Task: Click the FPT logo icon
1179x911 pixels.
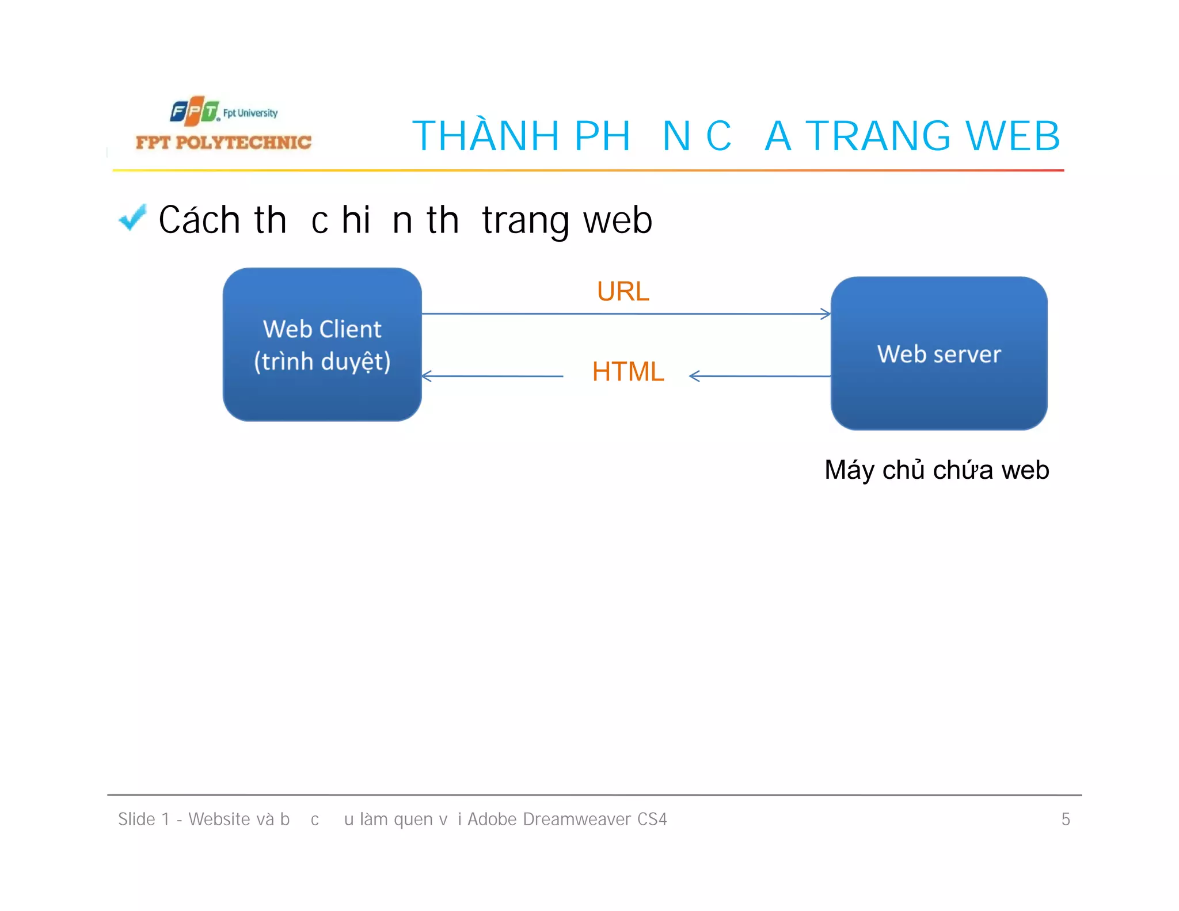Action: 194,111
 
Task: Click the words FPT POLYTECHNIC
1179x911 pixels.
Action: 223,143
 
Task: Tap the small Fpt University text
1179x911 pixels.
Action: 250,113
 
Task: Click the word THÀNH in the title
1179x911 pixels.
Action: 486,137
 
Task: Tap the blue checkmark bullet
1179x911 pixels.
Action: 132,218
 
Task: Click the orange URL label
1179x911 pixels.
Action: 623,291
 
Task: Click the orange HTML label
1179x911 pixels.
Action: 628,371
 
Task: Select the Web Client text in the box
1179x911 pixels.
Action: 322,329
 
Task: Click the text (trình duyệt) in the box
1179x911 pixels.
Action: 322,362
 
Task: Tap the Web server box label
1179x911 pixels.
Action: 939,354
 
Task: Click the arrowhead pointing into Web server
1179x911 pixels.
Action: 826,314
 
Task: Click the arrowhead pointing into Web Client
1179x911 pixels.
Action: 427,376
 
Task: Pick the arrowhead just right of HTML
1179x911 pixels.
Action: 694,376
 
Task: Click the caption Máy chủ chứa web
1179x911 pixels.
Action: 937,470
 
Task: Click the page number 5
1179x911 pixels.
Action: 1066,819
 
